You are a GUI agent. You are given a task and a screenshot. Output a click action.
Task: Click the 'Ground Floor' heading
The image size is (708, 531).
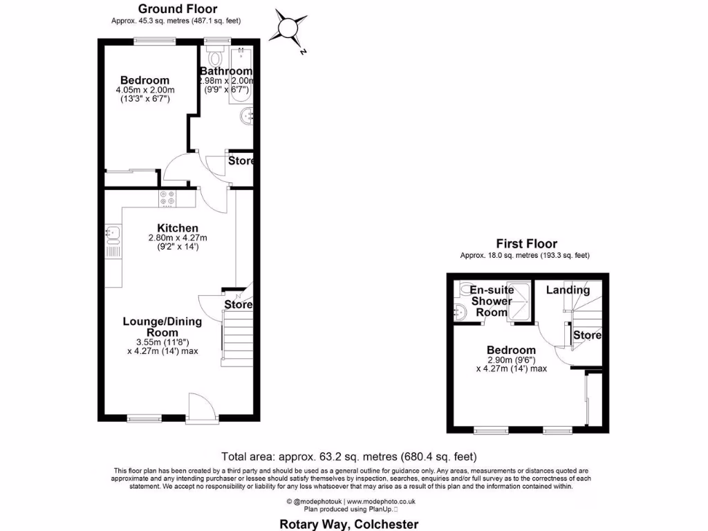click(177, 9)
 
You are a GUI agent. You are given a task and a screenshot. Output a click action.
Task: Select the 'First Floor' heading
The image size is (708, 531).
click(526, 243)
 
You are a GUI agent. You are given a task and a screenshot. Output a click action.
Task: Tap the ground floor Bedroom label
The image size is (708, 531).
click(145, 80)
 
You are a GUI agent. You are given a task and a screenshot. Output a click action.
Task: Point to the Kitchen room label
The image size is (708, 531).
click(178, 228)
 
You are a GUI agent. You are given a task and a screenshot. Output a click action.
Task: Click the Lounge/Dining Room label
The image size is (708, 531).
click(162, 326)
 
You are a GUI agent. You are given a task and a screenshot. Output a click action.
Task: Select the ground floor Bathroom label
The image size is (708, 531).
click(226, 71)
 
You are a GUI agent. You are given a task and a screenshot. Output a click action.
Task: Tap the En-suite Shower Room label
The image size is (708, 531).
click(492, 301)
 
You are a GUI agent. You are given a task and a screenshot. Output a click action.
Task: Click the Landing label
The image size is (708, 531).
click(568, 290)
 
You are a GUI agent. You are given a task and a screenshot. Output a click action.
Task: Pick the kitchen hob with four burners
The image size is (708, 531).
click(167, 198)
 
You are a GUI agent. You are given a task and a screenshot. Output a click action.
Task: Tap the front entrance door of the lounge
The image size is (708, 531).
click(201, 408)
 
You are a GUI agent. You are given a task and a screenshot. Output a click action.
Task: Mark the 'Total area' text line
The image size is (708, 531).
click(348, 456)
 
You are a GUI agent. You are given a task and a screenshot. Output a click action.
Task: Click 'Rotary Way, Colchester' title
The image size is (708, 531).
click(348, 524)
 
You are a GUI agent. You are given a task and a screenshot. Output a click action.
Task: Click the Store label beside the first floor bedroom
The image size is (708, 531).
click(588, 335)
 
